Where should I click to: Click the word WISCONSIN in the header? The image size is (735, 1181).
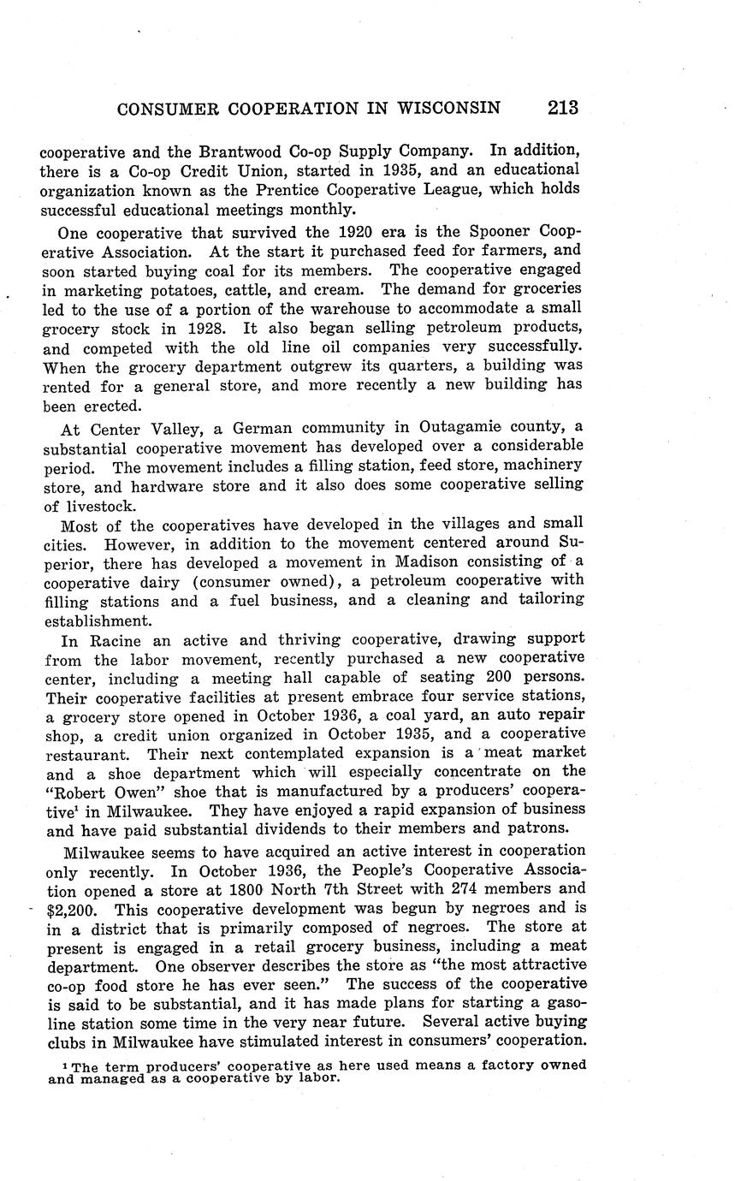447,109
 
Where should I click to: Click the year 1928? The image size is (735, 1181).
205,328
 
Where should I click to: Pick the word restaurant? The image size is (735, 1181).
89,754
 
